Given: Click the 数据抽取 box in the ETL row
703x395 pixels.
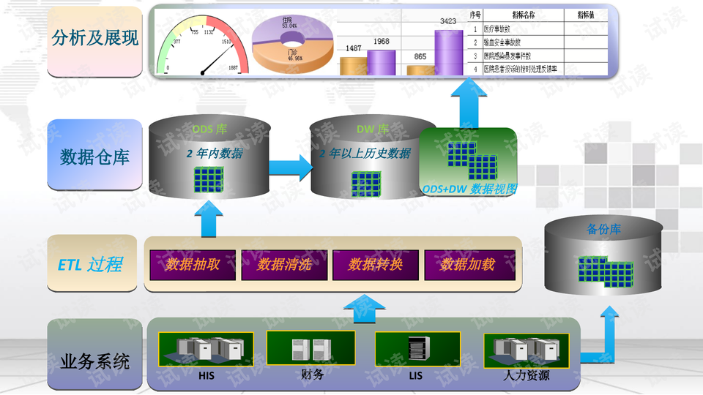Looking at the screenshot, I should coord(193,265).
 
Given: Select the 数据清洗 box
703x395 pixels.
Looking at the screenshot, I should coord(285,265).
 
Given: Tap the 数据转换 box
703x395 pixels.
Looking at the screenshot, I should coord(376,265).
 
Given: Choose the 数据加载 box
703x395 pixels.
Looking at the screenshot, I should coord(467,265).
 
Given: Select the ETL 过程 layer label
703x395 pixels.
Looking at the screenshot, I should coord(91,265).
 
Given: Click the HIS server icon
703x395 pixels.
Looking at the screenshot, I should coord(207,349).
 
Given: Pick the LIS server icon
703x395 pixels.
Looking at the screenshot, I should coord(416,349).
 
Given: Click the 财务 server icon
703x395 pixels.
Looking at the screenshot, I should coord(310,347).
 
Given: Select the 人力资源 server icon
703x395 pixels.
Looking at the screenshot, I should coord(526,349).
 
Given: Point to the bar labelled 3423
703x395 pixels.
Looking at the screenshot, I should coord(448,51).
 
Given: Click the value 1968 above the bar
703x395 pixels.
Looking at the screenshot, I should coord(381,42).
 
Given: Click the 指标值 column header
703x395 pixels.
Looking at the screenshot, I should coord(586,15).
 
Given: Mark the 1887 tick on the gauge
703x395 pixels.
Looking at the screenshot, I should coord(234,68).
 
